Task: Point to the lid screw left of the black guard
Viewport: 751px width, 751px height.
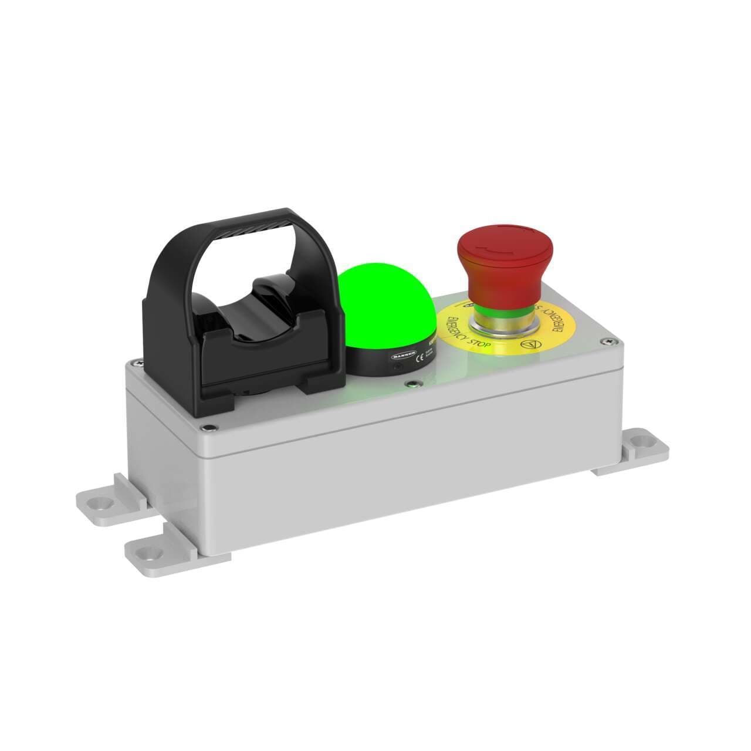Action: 136,363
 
